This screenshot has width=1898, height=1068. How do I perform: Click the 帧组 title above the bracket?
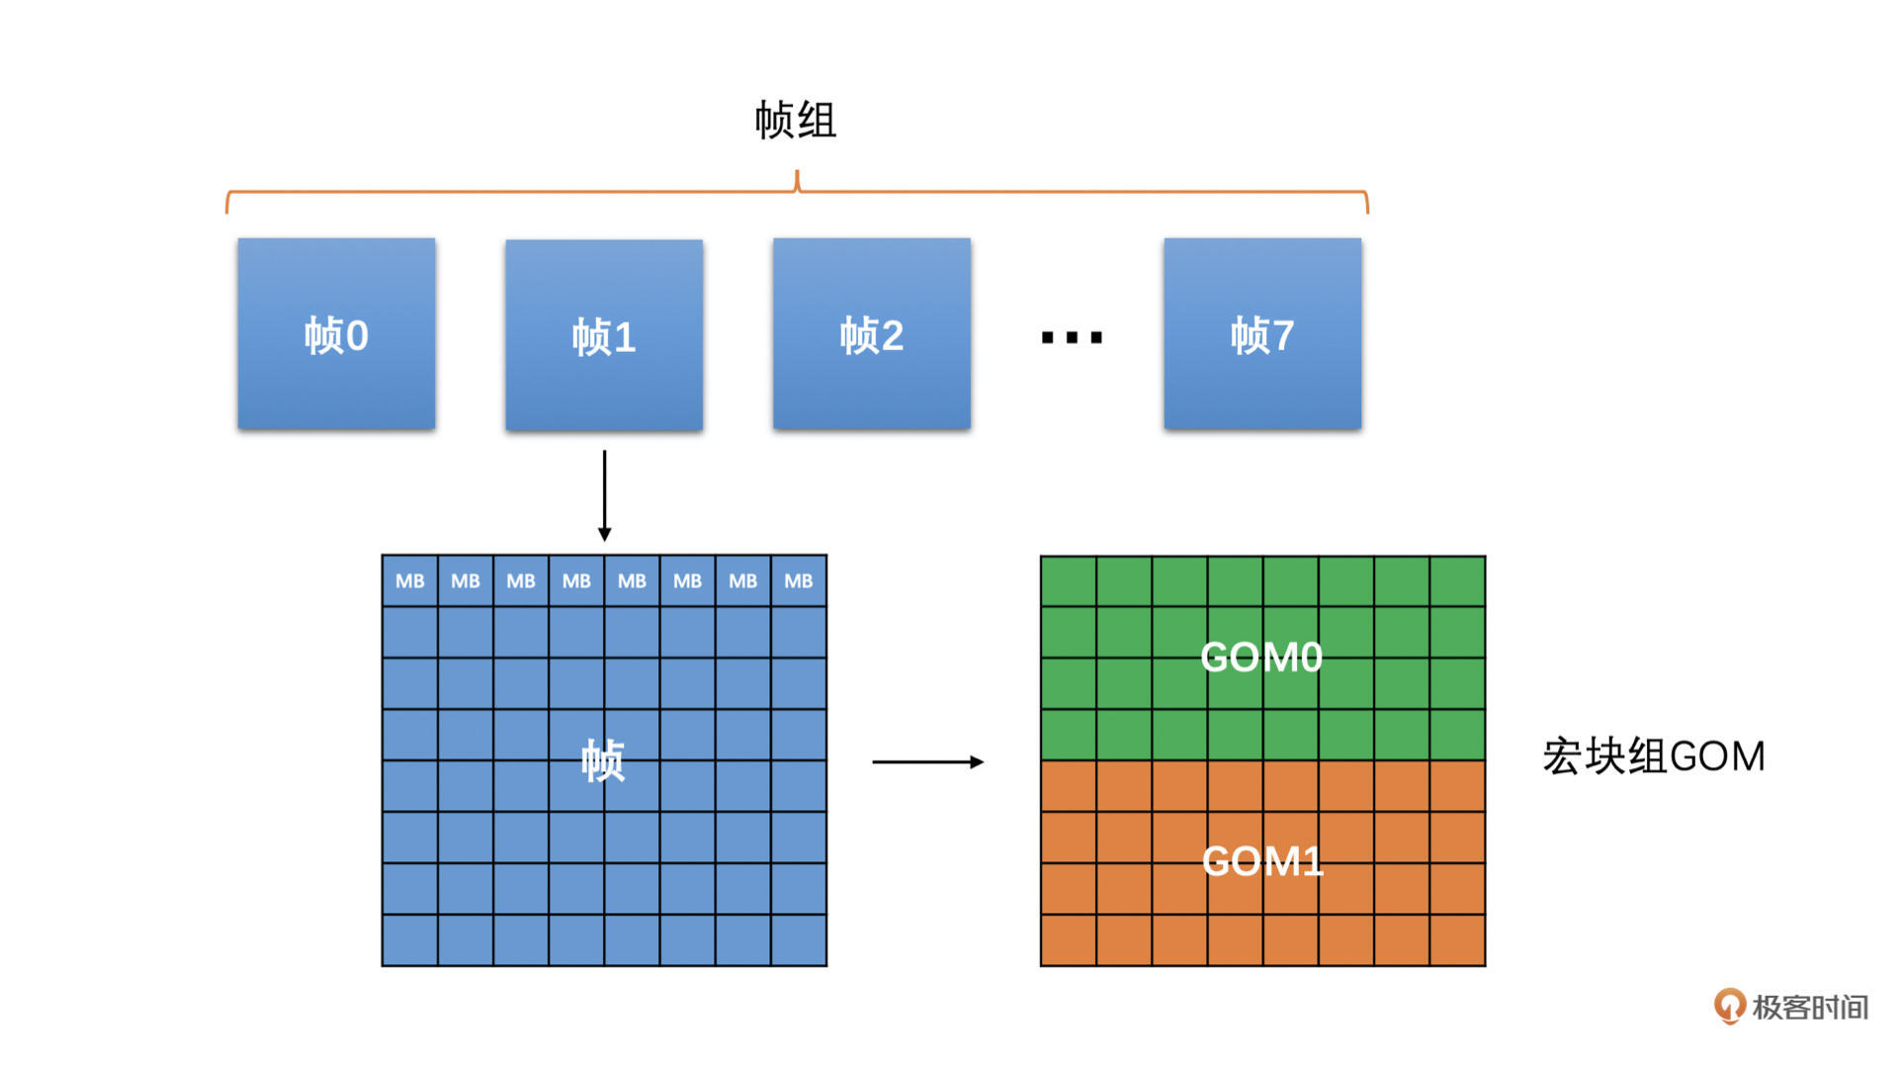(x=796, y=121)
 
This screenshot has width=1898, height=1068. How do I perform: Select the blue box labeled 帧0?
(x=336, y=333)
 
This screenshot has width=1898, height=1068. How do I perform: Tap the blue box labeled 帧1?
(x=604, y=335)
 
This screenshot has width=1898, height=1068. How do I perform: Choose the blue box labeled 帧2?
(x=871, y=333)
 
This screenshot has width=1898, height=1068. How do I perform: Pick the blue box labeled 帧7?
(x=1262, y=333)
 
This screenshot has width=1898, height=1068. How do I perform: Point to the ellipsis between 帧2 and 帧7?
(x=1072, y=338)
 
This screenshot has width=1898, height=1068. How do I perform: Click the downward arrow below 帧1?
(x=604, y=495)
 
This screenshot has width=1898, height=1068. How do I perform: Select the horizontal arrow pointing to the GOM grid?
(x=927, y=761)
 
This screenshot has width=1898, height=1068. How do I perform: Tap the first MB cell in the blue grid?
(x=410, y=581)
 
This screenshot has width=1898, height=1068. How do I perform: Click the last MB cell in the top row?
(x=799, y=581)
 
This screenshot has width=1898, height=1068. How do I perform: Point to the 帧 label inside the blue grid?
(x=603, y=760)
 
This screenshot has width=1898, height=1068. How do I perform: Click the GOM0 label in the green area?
(x=1261, y=658)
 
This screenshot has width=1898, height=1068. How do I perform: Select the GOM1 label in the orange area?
(x=1262, y=861)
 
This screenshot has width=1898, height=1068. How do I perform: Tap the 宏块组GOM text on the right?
(x=1653, y=756)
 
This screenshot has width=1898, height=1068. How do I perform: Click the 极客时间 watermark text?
(x=1809, y=1008)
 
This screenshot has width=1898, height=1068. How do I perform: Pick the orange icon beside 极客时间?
(x=1729, y=1007)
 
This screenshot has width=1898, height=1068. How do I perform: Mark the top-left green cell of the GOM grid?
(x=1069, y=581)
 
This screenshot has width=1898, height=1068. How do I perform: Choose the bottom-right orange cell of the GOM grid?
(x=1457, y=939)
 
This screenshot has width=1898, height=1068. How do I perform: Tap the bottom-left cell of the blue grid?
(x=410, y=939)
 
